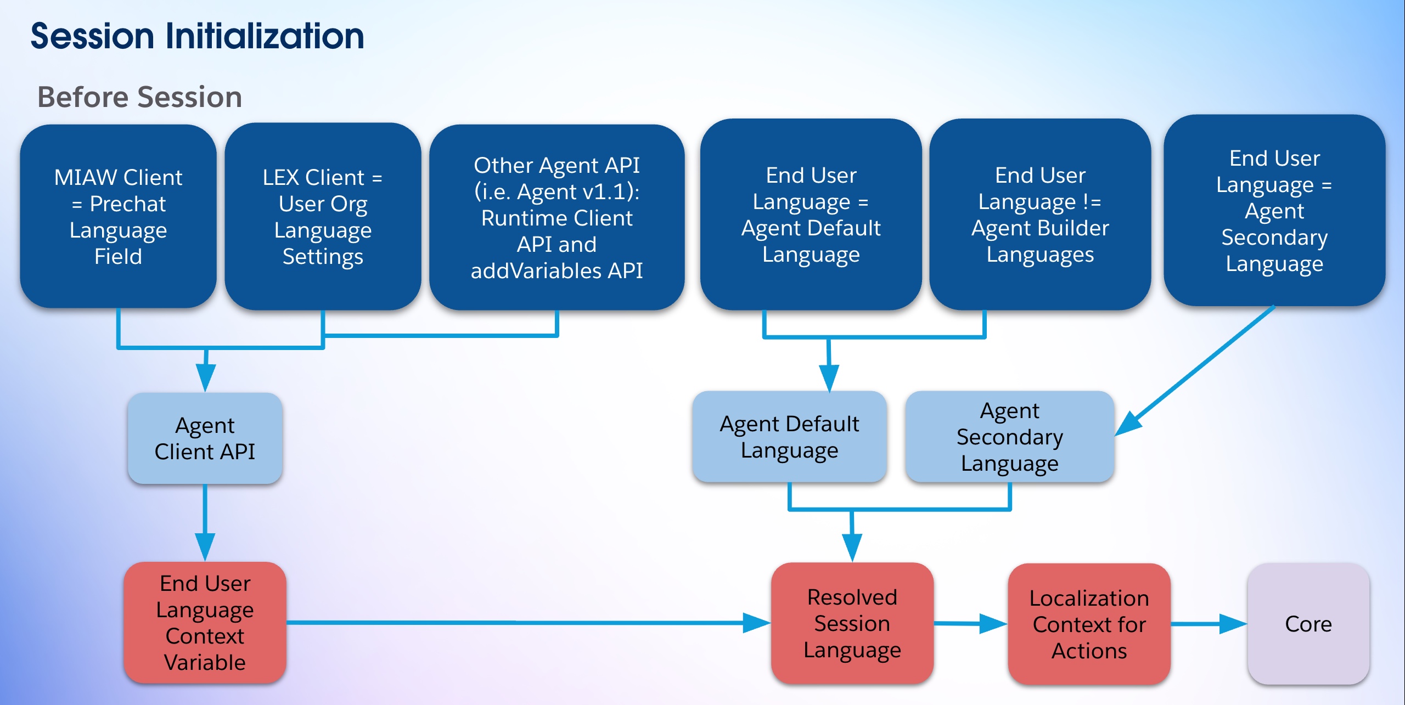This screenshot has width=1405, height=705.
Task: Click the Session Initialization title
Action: click(198, 36)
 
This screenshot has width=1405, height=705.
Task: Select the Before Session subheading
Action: click(140, 97)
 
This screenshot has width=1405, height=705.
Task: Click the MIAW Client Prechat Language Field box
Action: click(119, 216)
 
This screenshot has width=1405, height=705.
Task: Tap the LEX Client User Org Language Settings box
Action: click(323, 216)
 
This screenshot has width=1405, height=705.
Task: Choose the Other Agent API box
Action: click(557, 217)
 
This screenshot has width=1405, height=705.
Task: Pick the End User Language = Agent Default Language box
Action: click(811, 215)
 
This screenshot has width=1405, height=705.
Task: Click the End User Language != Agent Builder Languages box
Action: click(1040, 215)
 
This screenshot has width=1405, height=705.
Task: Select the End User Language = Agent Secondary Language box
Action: click(1274, 211)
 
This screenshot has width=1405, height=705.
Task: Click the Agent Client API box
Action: click(205, 438)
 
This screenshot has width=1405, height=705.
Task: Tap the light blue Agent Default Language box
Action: click(789, 437)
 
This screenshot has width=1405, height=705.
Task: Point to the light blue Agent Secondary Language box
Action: click(1010, 437)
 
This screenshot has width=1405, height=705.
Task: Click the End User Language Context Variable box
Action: click(205, 622)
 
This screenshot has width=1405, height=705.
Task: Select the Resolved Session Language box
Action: click(852, 623)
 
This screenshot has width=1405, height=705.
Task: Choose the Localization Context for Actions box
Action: click(1089, 624)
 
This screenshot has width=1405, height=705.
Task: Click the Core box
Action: click(1308, 624)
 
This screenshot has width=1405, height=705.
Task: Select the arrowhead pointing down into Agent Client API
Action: click(206, 378)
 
